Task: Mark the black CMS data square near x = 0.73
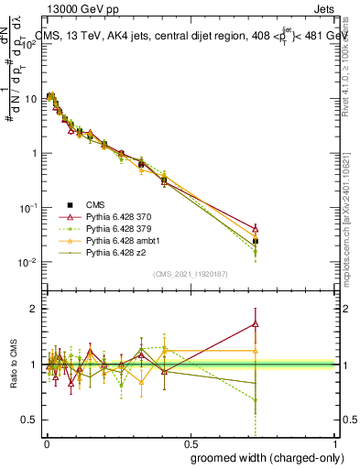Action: pos(256,241)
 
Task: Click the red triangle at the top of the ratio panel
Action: pos(256,323)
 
